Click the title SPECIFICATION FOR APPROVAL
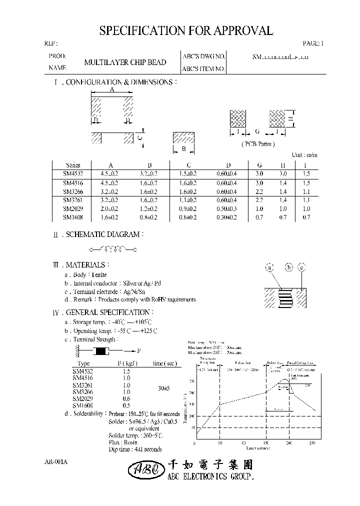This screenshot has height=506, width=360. tap(186, 31)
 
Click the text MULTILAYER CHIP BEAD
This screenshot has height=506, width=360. tap(125, 63)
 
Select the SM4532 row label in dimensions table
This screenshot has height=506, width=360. tap(73, 174)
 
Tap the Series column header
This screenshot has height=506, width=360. tap(73, 165)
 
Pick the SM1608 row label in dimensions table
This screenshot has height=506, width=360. tap(73, 217)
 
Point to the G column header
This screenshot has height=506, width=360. tap(259, 165)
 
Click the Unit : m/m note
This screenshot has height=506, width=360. tap(304, 155)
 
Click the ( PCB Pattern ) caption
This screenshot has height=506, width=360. tap(258, 144)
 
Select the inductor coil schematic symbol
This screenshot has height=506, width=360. tap(113, 248)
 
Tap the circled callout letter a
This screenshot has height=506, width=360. tap(270, 268)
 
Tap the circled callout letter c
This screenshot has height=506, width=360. tap(301, 268)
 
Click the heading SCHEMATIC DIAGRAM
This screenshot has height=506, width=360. tap(105, 234)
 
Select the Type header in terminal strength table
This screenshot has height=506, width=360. tap(84, 363)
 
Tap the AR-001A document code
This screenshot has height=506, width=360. tap(56, 462)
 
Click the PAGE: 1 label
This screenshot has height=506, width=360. tap(313, 43)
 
